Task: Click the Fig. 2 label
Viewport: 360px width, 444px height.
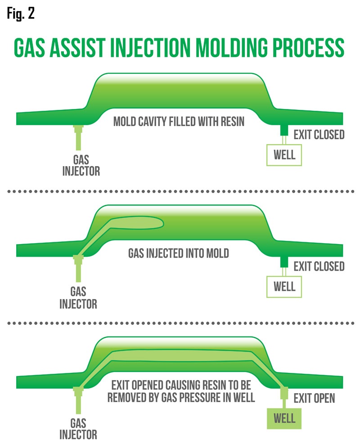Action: tap(21, 14)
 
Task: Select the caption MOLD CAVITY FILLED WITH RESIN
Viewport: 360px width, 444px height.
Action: tap(179, 122)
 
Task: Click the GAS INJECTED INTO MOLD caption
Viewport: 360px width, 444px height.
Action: tap(179, 253)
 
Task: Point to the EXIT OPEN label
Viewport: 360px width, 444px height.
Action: tap(314, 398)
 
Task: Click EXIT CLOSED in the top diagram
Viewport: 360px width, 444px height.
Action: tap(319, 135)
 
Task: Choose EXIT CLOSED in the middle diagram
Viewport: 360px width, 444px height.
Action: tap(319, 266)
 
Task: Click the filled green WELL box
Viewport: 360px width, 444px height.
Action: tap(284, 418)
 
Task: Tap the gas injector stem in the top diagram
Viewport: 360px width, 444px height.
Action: tap(78, 137)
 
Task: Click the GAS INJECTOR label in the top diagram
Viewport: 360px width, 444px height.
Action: tap(81, 165)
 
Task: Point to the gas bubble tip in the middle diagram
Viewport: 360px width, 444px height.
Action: tap(163, 223)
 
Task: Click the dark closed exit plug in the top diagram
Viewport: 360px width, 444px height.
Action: tap(284, 130)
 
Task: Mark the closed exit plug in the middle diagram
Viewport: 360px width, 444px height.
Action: tap(284, 262)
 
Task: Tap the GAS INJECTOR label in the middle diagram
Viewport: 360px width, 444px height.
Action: tap(78, 298)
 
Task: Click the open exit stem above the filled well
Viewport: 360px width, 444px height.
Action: tap(284, 398)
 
